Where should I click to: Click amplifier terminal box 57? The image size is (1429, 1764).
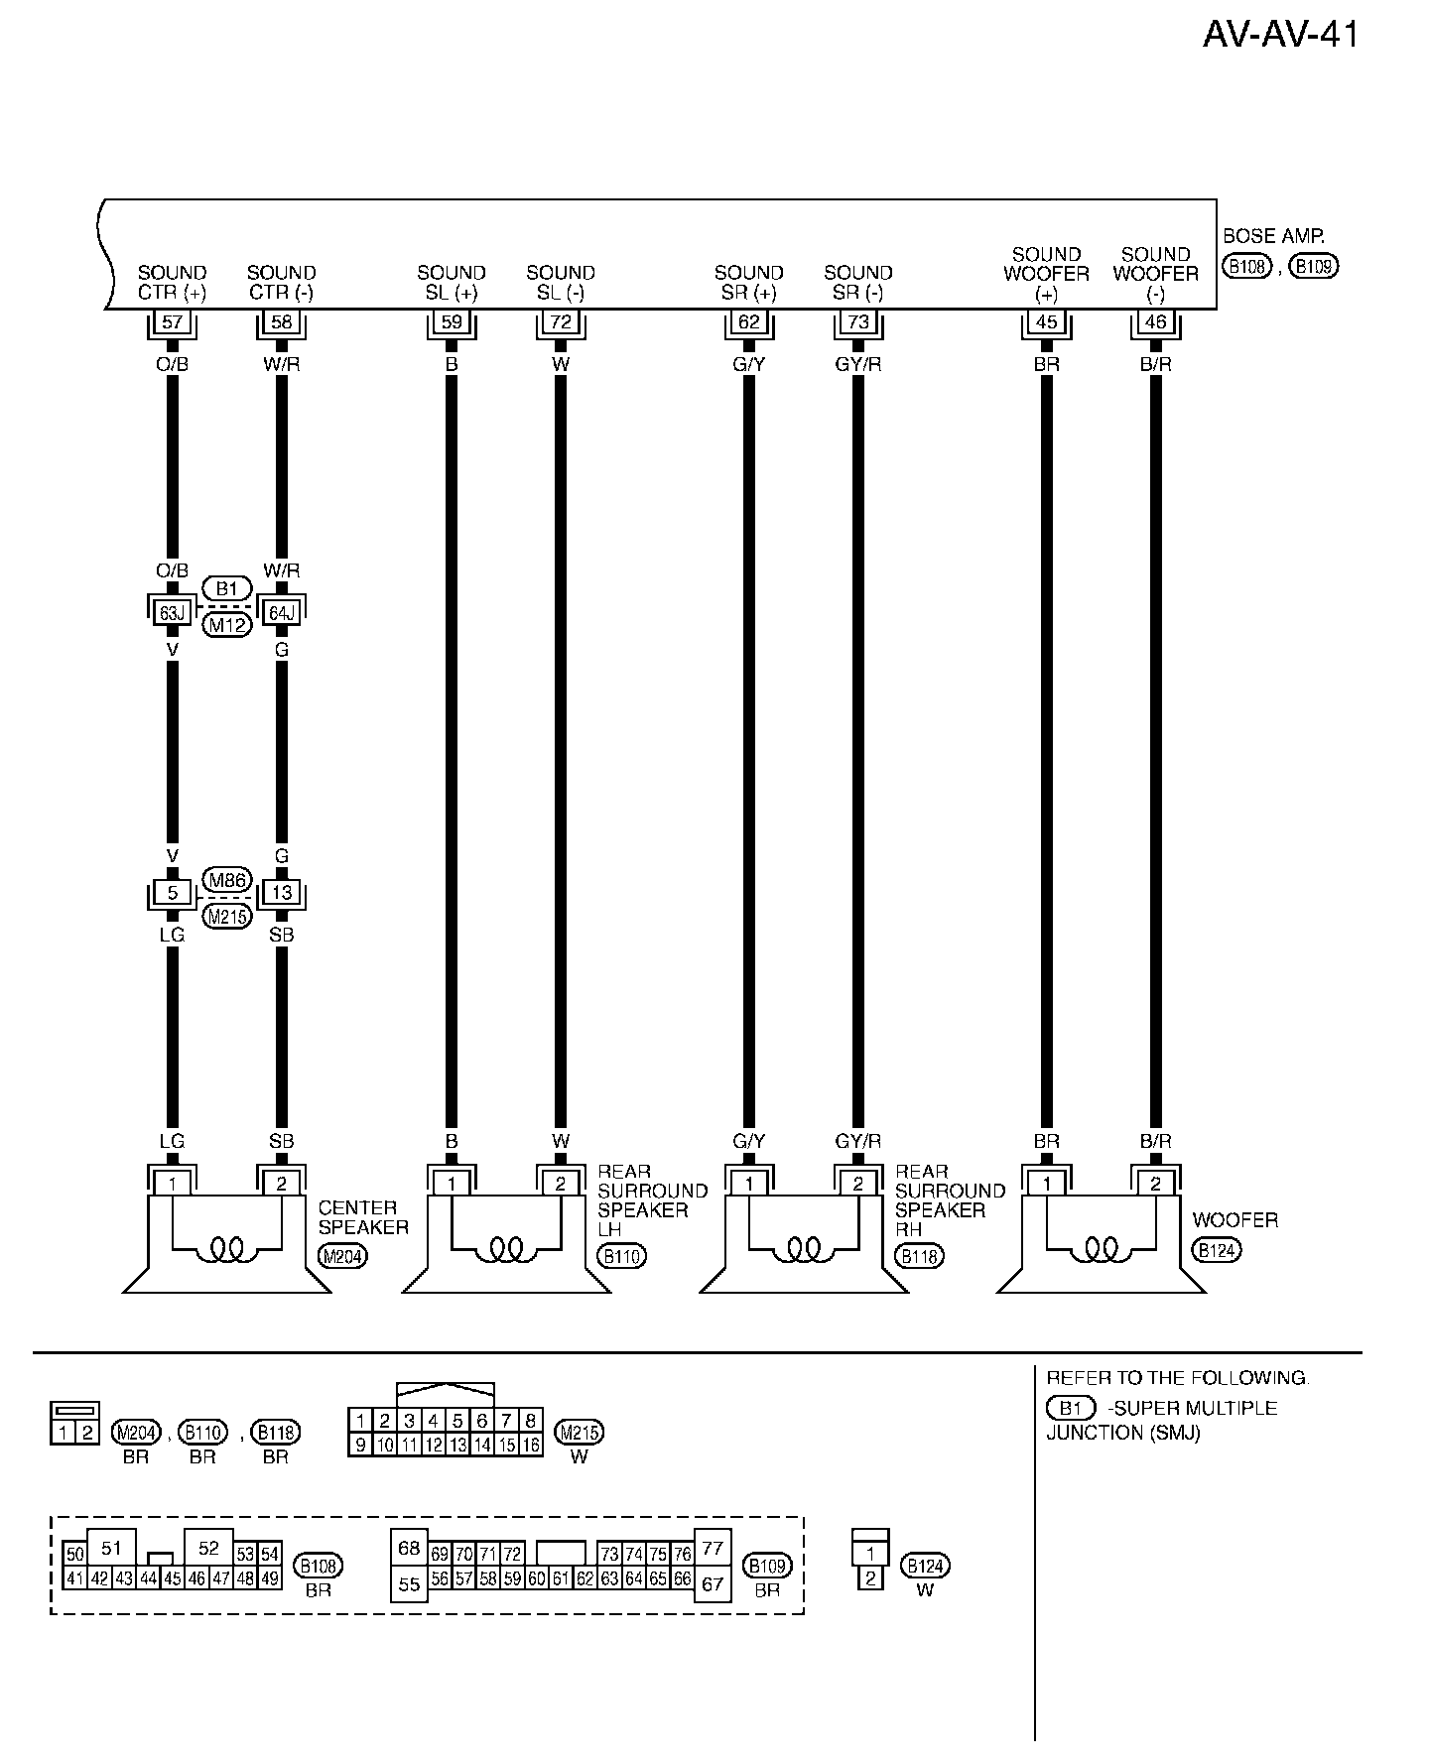tap(173, 321)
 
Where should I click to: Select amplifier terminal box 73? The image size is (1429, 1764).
tap(858, 321)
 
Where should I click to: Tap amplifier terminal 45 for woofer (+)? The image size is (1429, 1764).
tap(1046, 321)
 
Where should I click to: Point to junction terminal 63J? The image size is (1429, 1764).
tap(173, 612)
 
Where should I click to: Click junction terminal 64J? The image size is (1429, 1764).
tap(282, 612)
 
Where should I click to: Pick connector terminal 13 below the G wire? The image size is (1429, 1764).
tap(282, 892)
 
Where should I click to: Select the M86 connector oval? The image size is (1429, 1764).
tap(227, 880)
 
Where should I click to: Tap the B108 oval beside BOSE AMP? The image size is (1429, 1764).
tap(1246, 266)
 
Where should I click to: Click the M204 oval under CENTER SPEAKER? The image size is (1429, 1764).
tap(342, 1256)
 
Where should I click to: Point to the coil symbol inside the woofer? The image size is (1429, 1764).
tap(1102, 1249)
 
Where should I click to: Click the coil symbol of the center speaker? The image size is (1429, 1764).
tap(227, 1249)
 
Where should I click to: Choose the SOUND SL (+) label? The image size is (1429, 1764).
tap(452, 282)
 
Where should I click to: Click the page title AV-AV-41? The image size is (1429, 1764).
tap(1280, 35)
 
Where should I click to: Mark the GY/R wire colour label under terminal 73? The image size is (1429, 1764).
tap(858, 364)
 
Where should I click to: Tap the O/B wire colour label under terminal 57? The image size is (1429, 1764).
tap(173, 364)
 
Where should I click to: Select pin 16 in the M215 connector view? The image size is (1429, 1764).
tap(531, 1446)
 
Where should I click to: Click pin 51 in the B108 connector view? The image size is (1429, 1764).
tap(111, 1549)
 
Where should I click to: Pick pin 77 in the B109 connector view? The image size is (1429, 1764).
tap(713, 1548)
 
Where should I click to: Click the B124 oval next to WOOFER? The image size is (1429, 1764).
tap(1217, 1250)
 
